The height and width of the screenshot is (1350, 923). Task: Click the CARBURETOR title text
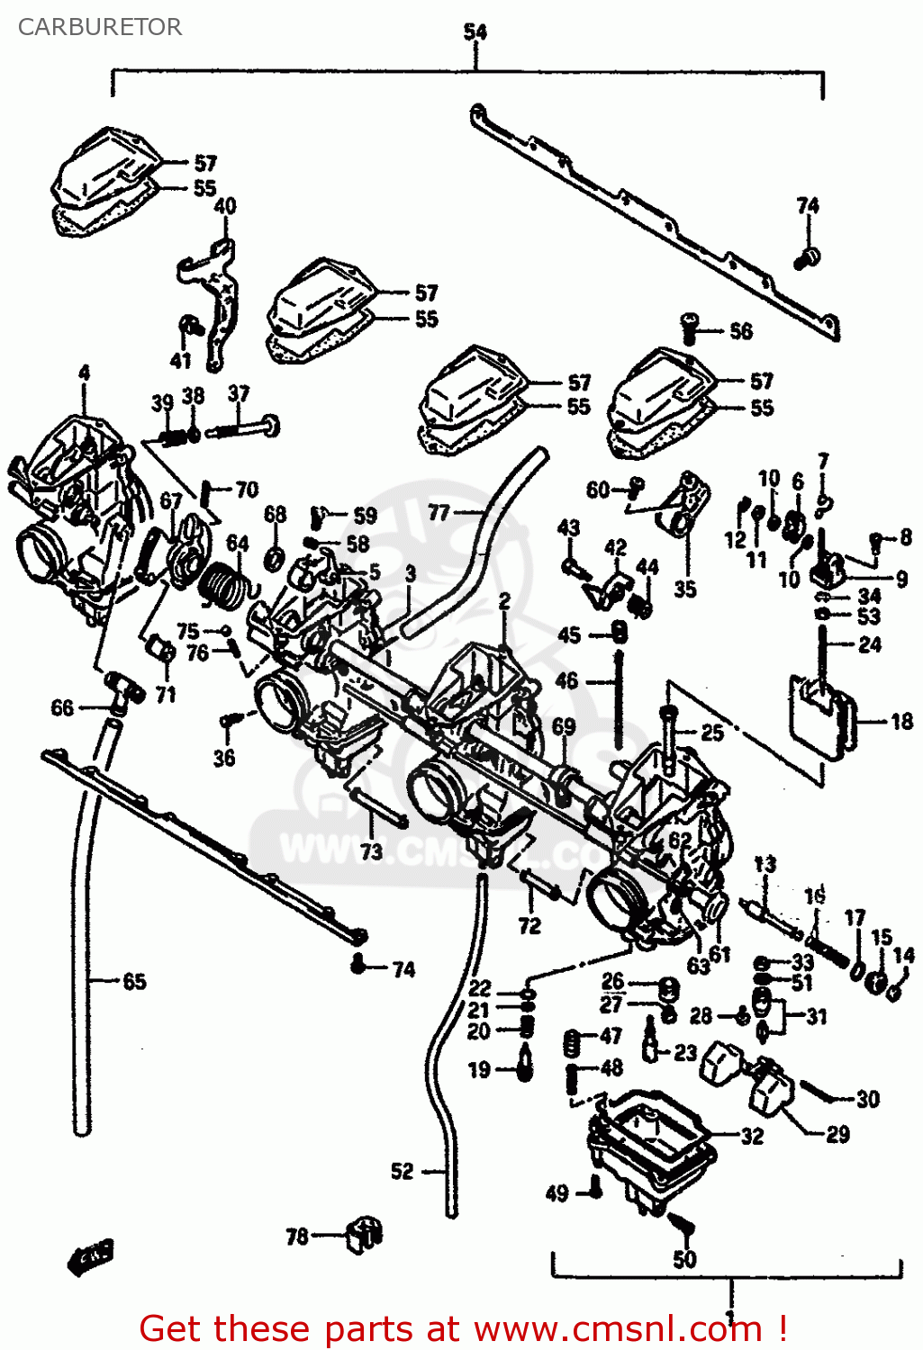[99, 27]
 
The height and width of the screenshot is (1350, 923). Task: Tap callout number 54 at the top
[475, 32]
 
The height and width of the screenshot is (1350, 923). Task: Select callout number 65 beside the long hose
[134, 981]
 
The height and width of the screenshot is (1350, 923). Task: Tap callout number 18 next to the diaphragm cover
[900, 721]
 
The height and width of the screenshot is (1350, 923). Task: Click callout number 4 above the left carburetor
[84, 373]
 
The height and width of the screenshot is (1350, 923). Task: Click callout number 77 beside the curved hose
[439, 512]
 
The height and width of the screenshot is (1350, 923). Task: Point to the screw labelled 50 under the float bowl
[682, 1224]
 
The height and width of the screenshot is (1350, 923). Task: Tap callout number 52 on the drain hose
[403, 1171]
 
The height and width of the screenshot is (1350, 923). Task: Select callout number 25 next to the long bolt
[711, 733]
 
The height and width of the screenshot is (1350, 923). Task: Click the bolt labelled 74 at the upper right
[806, 258]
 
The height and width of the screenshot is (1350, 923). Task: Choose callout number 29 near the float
[837, 1134]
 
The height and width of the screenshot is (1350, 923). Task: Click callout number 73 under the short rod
[371, 850]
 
